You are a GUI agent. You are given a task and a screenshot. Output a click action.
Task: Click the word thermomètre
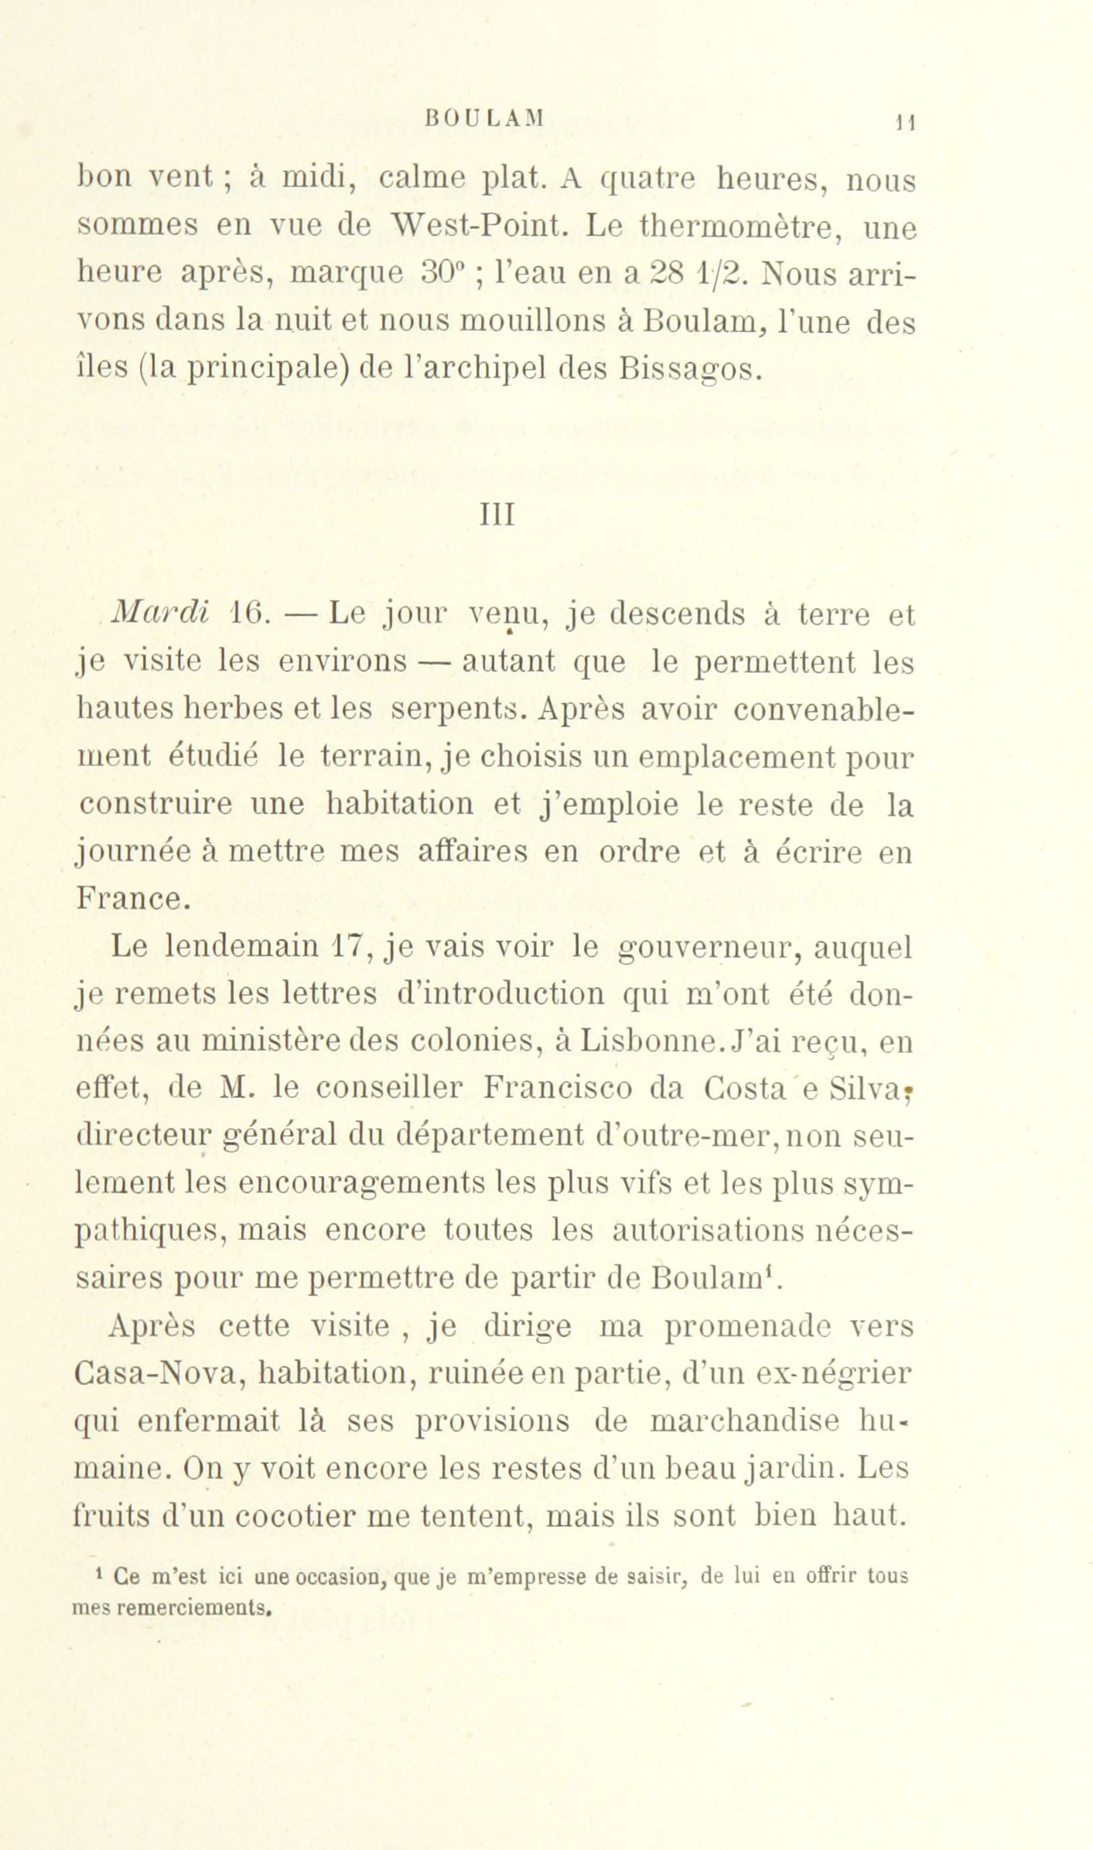(x=727, y=228)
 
